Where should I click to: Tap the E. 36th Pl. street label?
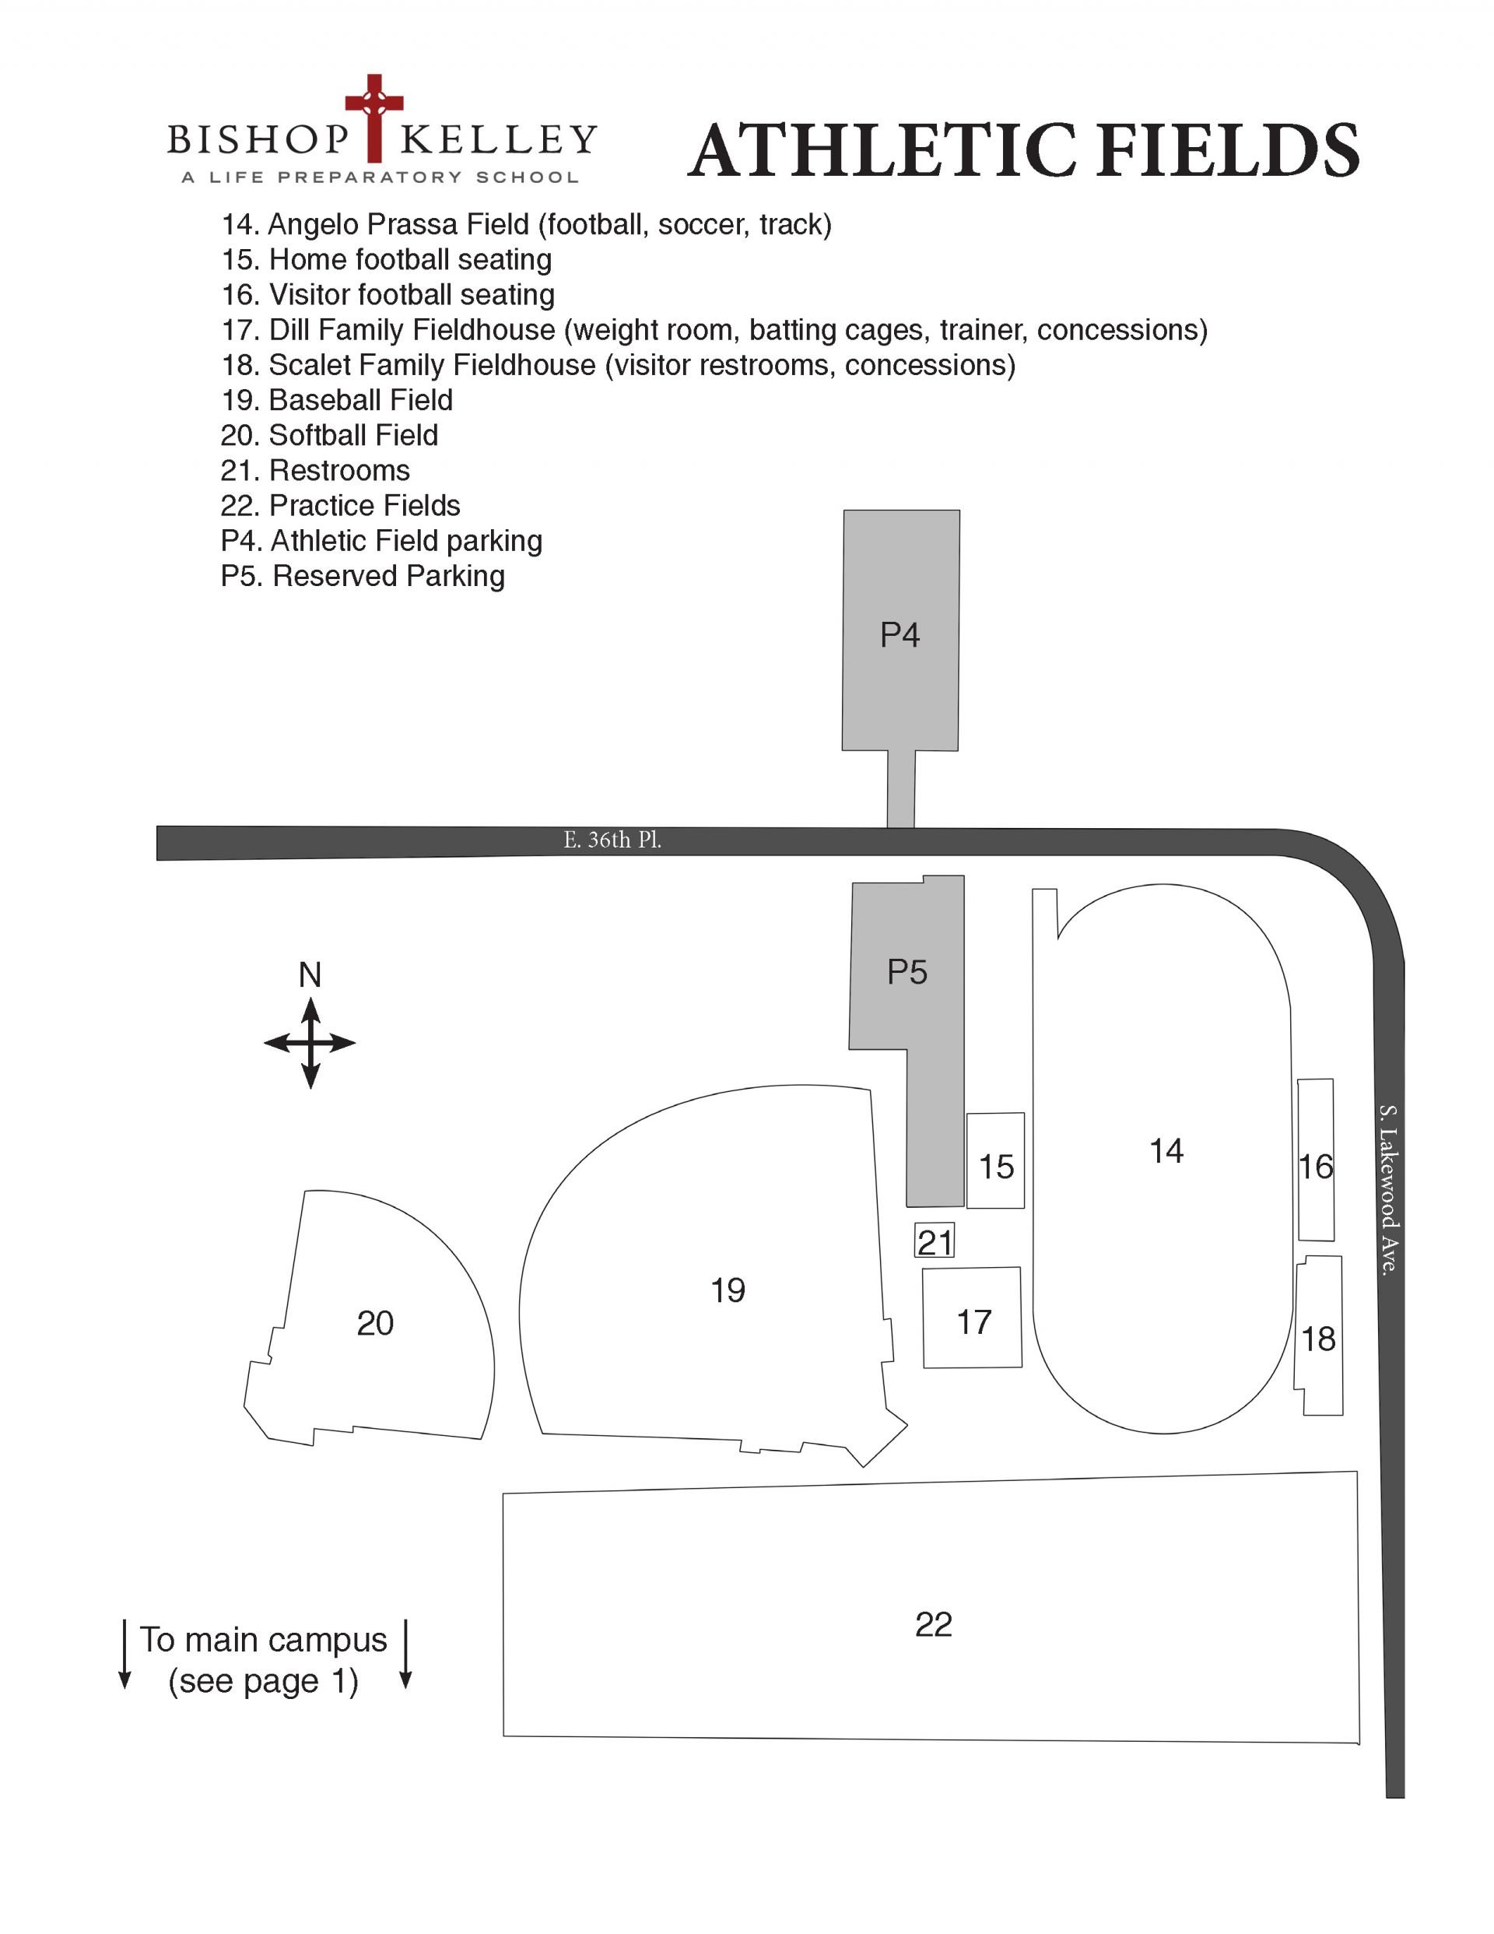tap(612, 840)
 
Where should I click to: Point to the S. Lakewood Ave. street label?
tap(1390, 1189)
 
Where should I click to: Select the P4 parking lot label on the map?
tap(900, 635)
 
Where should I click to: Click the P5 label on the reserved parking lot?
tap(907, 972)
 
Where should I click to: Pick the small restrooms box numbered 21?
tap(935, 1241)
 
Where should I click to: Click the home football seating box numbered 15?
tap(995, 1160)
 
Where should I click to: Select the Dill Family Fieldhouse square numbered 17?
tap(973, 1318)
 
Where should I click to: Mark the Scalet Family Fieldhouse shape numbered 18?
tap(1319, 1336)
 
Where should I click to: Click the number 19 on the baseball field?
tap(728, 1290)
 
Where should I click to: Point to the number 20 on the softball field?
tap(374, 1323)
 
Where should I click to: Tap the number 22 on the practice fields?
tap(934, 1624)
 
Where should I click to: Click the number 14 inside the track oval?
tap(1166, 1150)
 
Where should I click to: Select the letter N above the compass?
tap(309, 975)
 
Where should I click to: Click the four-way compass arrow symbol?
tap(310, 1043)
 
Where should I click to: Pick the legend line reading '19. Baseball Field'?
tap(336, 400)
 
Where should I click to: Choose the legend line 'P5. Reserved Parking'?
tap(363, 577)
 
